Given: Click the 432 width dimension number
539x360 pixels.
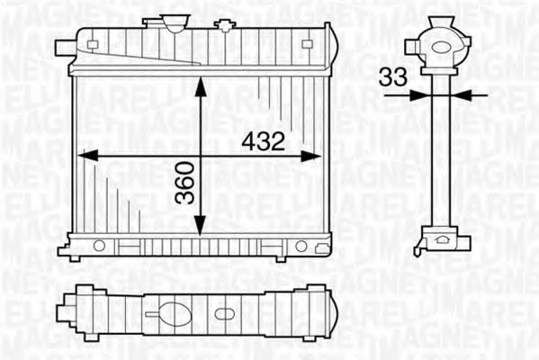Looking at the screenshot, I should coord(263,141).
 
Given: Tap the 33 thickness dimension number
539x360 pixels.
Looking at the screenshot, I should coord(391,78).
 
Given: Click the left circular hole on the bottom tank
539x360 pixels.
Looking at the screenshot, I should coord(99,245).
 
